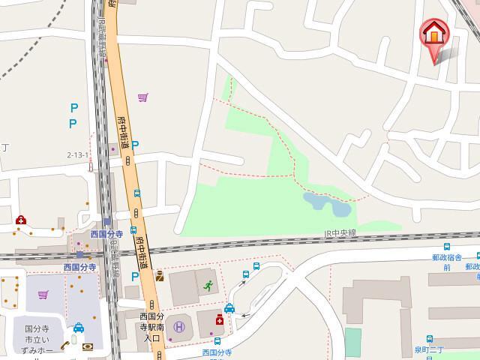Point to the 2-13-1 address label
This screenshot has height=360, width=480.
[x=78, y=155]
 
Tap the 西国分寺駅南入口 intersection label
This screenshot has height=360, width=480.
[x=152, y=327]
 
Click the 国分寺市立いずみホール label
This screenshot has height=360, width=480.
[x=38, y=339]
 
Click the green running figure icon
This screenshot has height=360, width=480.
[x=208, y=285]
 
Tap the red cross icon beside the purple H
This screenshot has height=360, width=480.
[x=220, y=319]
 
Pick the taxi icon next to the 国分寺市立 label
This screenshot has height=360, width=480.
[x=78, y=328]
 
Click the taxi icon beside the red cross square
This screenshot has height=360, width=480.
[x=229, y=308]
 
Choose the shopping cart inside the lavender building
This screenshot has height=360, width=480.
[x=43, y=295]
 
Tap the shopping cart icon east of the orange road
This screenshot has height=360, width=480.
[x=143, y=97]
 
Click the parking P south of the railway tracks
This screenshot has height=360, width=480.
[x=135, y=276]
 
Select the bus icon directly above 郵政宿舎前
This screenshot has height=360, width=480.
[x=447, y=245]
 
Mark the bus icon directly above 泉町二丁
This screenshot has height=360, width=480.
[x=430, y=339]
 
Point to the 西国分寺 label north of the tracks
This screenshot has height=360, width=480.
[x=106, y=234]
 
